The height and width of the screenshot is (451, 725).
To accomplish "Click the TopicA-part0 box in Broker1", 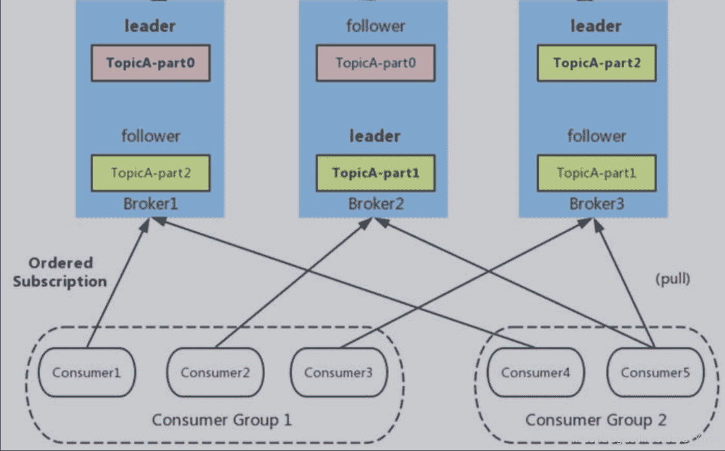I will coord(150,63).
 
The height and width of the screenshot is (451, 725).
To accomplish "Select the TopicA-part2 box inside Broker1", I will coord(150,173).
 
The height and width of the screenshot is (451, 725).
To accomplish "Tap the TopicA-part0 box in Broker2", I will coord(375,63).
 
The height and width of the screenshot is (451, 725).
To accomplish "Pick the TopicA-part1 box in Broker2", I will coord(375,173).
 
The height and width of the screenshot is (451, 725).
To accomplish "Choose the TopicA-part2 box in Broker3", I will coord(596,63).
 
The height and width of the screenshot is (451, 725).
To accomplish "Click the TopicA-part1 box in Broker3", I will coord(596,173).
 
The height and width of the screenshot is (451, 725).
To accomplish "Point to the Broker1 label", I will coord(150,204).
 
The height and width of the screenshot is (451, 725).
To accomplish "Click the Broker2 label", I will coord(375,204).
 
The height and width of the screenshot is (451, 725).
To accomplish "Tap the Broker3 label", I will coord(596,204).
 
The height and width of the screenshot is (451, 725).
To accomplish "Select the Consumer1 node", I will coord(86,373).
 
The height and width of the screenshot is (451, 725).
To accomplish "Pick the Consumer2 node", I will coord(214,373).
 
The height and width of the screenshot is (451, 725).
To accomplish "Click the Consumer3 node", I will coord(338,373).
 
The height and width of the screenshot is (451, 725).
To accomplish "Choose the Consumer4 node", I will coord(535,373).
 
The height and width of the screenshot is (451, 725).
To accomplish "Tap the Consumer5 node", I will coord(655,373).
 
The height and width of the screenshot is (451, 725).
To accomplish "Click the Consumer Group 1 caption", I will coord(221,420).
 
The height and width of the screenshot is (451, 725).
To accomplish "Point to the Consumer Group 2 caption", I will coord(595,420).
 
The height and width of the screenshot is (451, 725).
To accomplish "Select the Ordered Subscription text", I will coord(60,272).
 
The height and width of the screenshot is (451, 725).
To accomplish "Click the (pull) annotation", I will coord(673,280).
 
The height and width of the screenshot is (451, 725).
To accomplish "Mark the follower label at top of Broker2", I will coord(375,27).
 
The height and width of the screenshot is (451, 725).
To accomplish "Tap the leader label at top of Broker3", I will coord(596,27).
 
